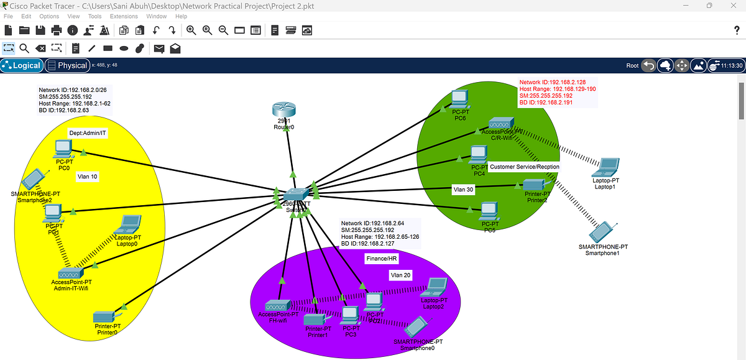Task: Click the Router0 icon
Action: tap(283, 109)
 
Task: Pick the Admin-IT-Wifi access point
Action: tap(71, 273)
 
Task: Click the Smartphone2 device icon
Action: tap(31, 179)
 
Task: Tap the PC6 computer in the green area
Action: tap(459, 98)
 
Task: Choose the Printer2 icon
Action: tap(534, 185)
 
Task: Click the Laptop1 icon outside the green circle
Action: tap(606, 167)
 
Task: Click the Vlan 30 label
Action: tap(464, 190)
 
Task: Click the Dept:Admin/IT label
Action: tap(88, 133)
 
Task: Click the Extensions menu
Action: tap(124, 16)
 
